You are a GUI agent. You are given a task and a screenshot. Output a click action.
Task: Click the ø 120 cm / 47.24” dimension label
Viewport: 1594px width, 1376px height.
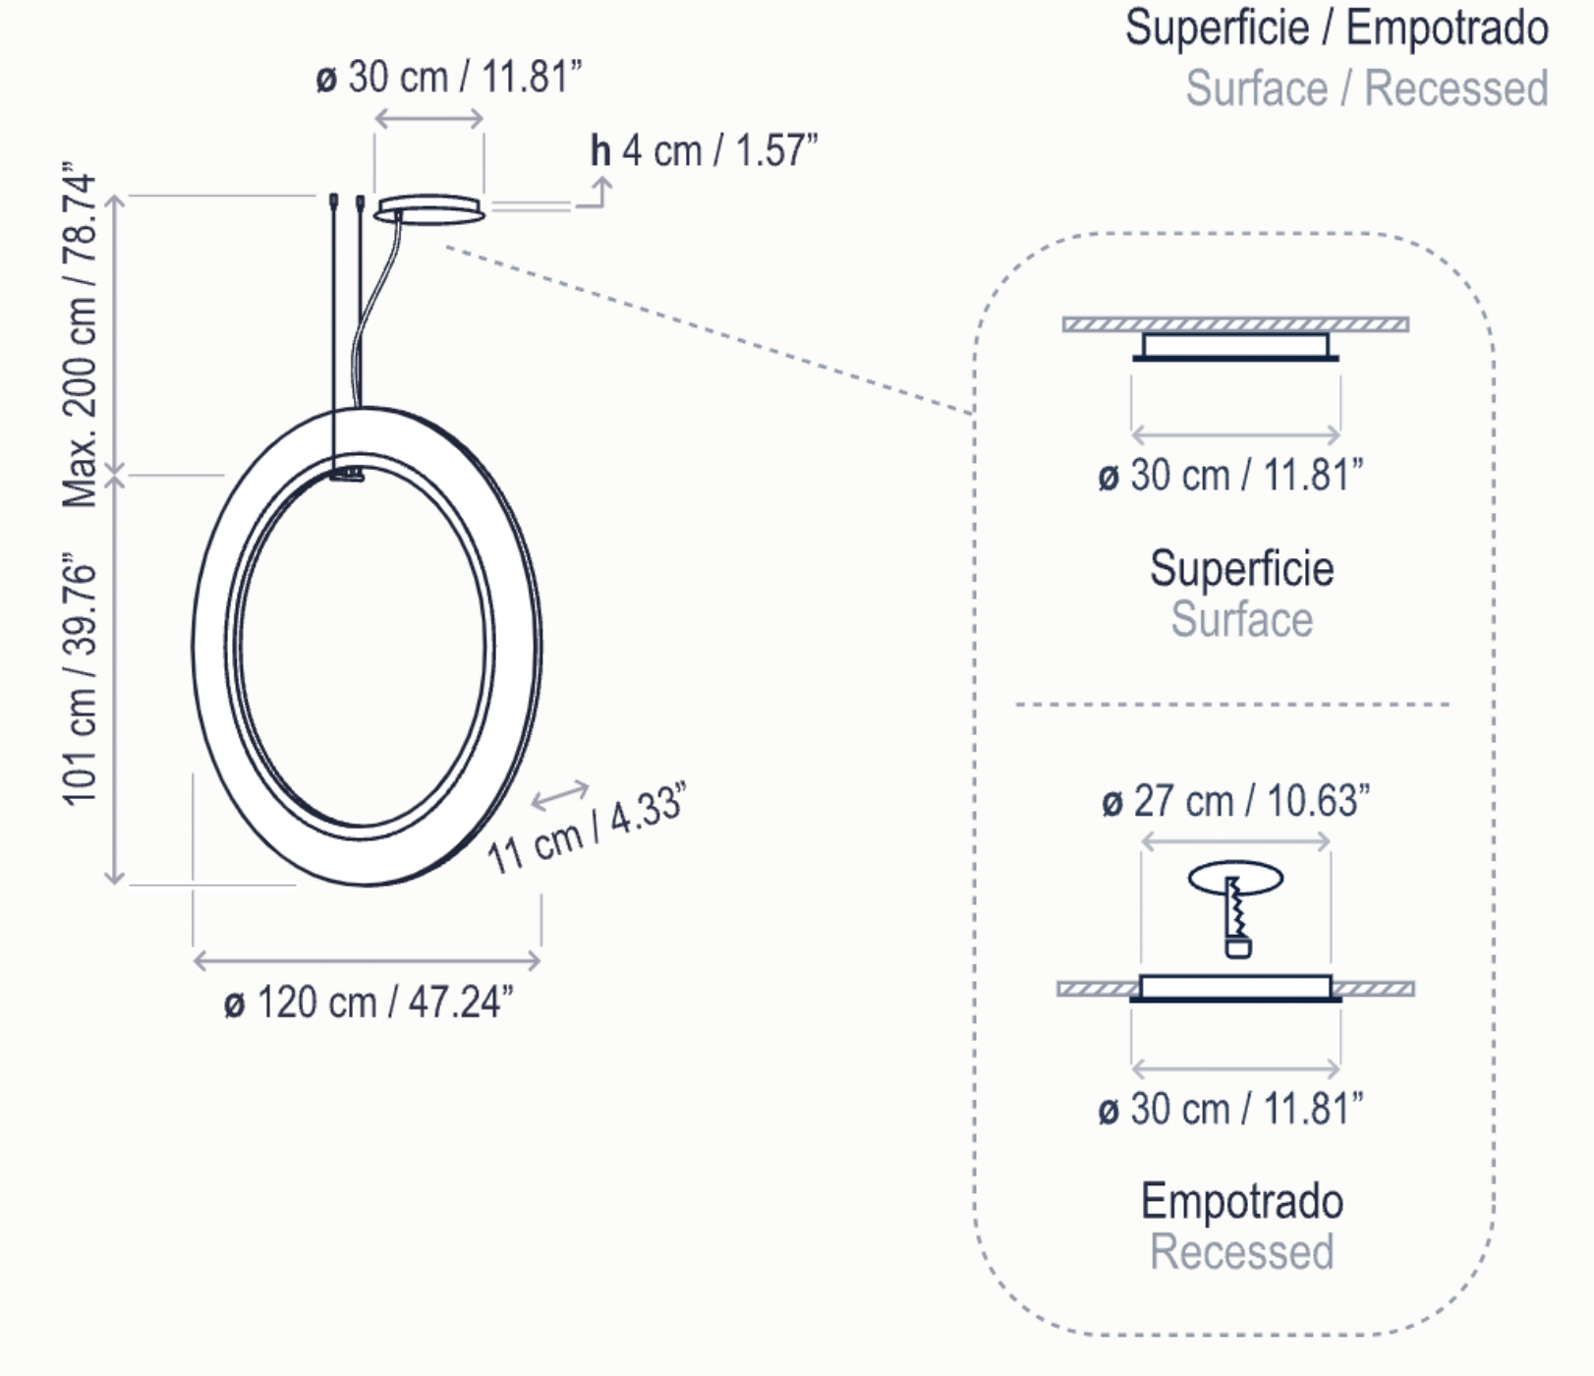[369, 1003]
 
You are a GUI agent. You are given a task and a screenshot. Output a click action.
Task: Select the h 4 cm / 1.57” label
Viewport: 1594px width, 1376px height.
[704, 151]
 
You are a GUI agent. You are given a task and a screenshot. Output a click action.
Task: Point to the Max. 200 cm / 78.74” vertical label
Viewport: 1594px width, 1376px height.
[81, 335]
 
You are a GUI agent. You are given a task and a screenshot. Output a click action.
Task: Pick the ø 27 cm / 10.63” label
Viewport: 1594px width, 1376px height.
[1235, 801]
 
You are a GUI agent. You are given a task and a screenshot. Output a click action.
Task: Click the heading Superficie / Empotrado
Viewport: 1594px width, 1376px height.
[1337, 27]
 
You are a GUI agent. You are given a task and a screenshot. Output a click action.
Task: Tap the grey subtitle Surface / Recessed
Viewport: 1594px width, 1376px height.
[1367, 88]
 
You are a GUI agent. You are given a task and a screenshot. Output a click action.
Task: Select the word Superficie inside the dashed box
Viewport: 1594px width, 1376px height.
[1242, 568]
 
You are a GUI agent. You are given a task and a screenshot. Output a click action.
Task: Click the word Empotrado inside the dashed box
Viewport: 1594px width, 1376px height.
[1242, 1201]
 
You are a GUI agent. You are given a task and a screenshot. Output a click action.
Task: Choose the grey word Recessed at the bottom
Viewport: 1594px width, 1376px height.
[1242, 1252]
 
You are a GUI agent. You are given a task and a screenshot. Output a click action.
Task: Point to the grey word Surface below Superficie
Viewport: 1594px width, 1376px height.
[1242, 619]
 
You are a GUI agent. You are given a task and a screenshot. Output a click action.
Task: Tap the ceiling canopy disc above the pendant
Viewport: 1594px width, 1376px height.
[429, 209]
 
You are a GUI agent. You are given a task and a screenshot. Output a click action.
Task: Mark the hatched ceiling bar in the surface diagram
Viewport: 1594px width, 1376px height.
[1235, 324]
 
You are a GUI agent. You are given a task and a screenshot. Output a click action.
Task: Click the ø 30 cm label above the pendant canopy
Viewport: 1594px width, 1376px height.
[449, 77]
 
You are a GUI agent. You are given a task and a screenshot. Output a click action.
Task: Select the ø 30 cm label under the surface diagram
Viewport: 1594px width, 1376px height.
[1230, 476]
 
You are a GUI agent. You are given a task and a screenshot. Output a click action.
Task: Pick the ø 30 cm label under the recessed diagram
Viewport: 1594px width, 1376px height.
[1230, 1109]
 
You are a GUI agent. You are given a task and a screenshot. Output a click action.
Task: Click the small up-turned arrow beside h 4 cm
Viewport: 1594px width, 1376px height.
[594, 193]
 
